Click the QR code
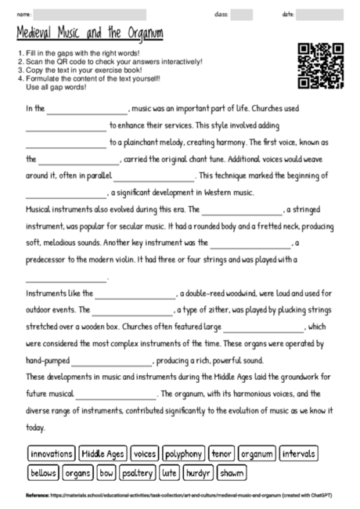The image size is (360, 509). coord(321,67)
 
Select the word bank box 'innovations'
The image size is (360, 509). coord(51,453)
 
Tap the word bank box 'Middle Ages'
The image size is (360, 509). coord(103,453)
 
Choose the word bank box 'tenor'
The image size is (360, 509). coord(222,453)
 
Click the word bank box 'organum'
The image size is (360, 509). coord(256,453)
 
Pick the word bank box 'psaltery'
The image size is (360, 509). coord(138,473)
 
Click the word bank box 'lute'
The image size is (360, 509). coord(169,473)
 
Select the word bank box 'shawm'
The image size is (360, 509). coord(231,473)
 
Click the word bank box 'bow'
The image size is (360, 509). coord(106,473)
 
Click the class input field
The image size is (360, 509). coord(242,14)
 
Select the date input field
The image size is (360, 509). coord(320,14)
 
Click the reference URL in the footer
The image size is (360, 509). coord(172,495)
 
